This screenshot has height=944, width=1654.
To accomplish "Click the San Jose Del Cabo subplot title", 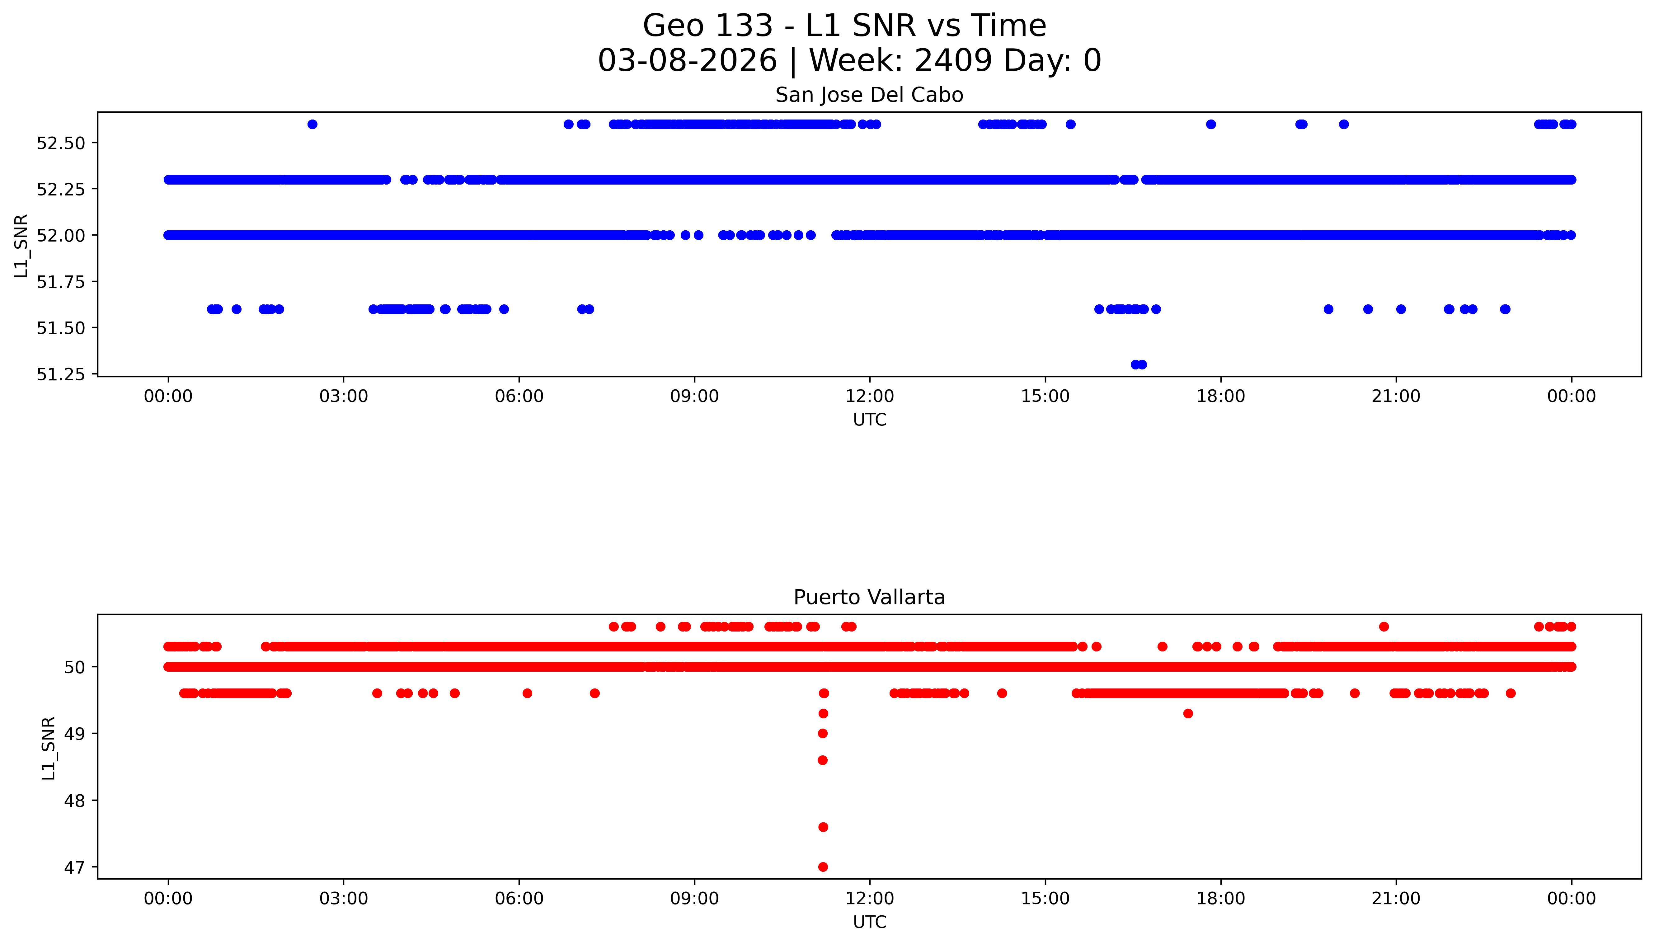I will (x=869, y=95).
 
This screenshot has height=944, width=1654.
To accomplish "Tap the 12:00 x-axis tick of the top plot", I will (x=869, y=396).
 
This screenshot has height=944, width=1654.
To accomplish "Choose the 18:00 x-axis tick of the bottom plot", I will (x=1220, y=899).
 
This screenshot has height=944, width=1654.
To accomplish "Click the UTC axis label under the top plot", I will (x=869, y=420).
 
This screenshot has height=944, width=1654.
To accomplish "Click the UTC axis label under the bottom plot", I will (x=869, y=922).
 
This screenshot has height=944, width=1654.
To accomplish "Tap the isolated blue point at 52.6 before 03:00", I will (x=312, y=124).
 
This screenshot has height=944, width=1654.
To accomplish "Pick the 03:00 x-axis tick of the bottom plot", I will (x=344, y=899).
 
